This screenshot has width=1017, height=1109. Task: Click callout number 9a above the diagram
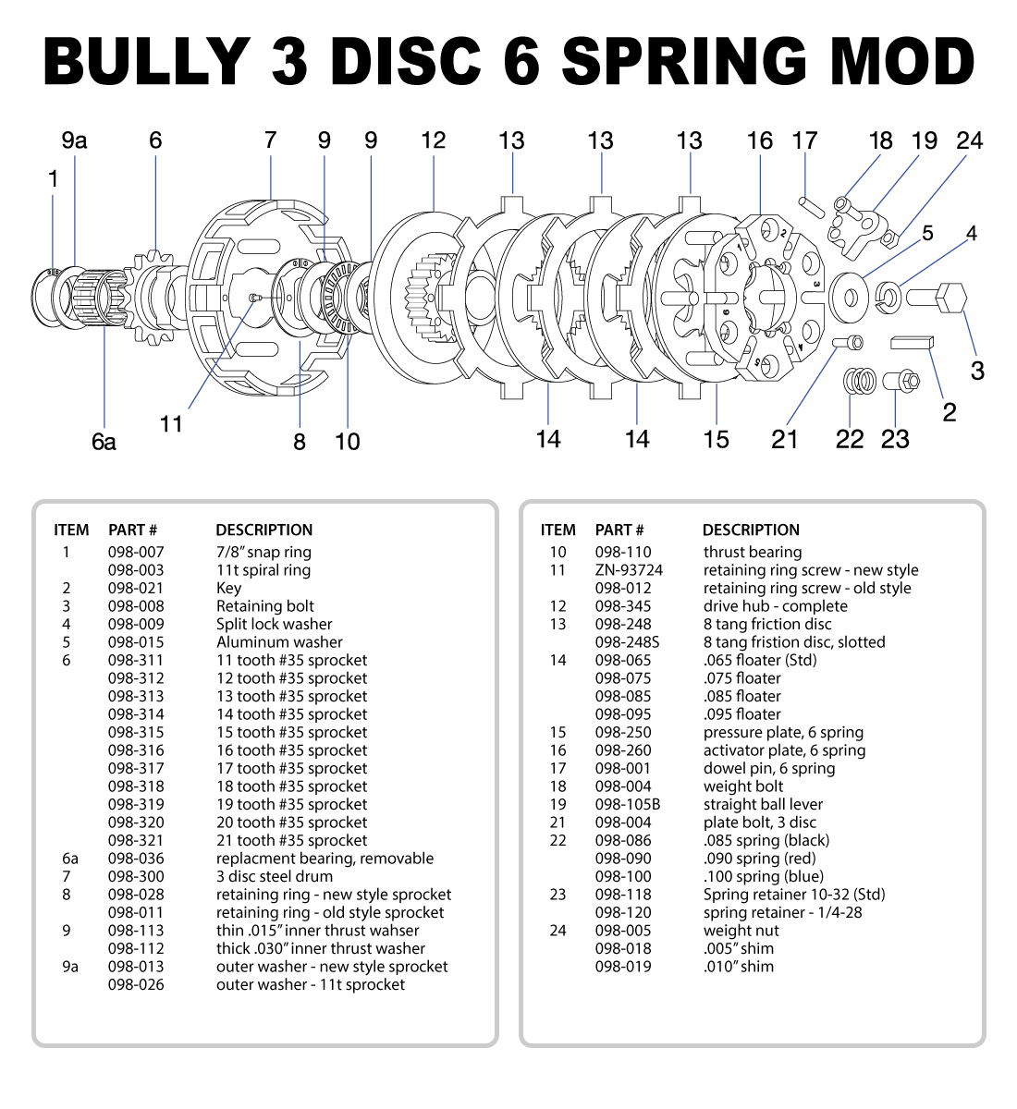[74, 140]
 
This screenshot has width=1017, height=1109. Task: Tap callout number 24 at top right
[969, 140]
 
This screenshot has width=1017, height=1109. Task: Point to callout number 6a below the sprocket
[104, 442]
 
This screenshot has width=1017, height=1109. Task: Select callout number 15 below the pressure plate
[716, 439]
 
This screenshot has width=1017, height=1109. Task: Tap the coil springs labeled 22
[861, 380]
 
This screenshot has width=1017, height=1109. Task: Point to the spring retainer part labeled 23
[900, 380]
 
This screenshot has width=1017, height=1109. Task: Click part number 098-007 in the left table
[136, 552]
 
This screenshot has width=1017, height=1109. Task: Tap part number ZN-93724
[629, 570]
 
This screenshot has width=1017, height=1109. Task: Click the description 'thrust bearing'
[753, 552]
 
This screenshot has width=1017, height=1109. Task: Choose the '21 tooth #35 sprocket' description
[291, 840]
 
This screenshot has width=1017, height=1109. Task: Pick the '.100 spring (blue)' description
[763, 876]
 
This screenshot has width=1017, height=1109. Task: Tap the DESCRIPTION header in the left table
[264, 530]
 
